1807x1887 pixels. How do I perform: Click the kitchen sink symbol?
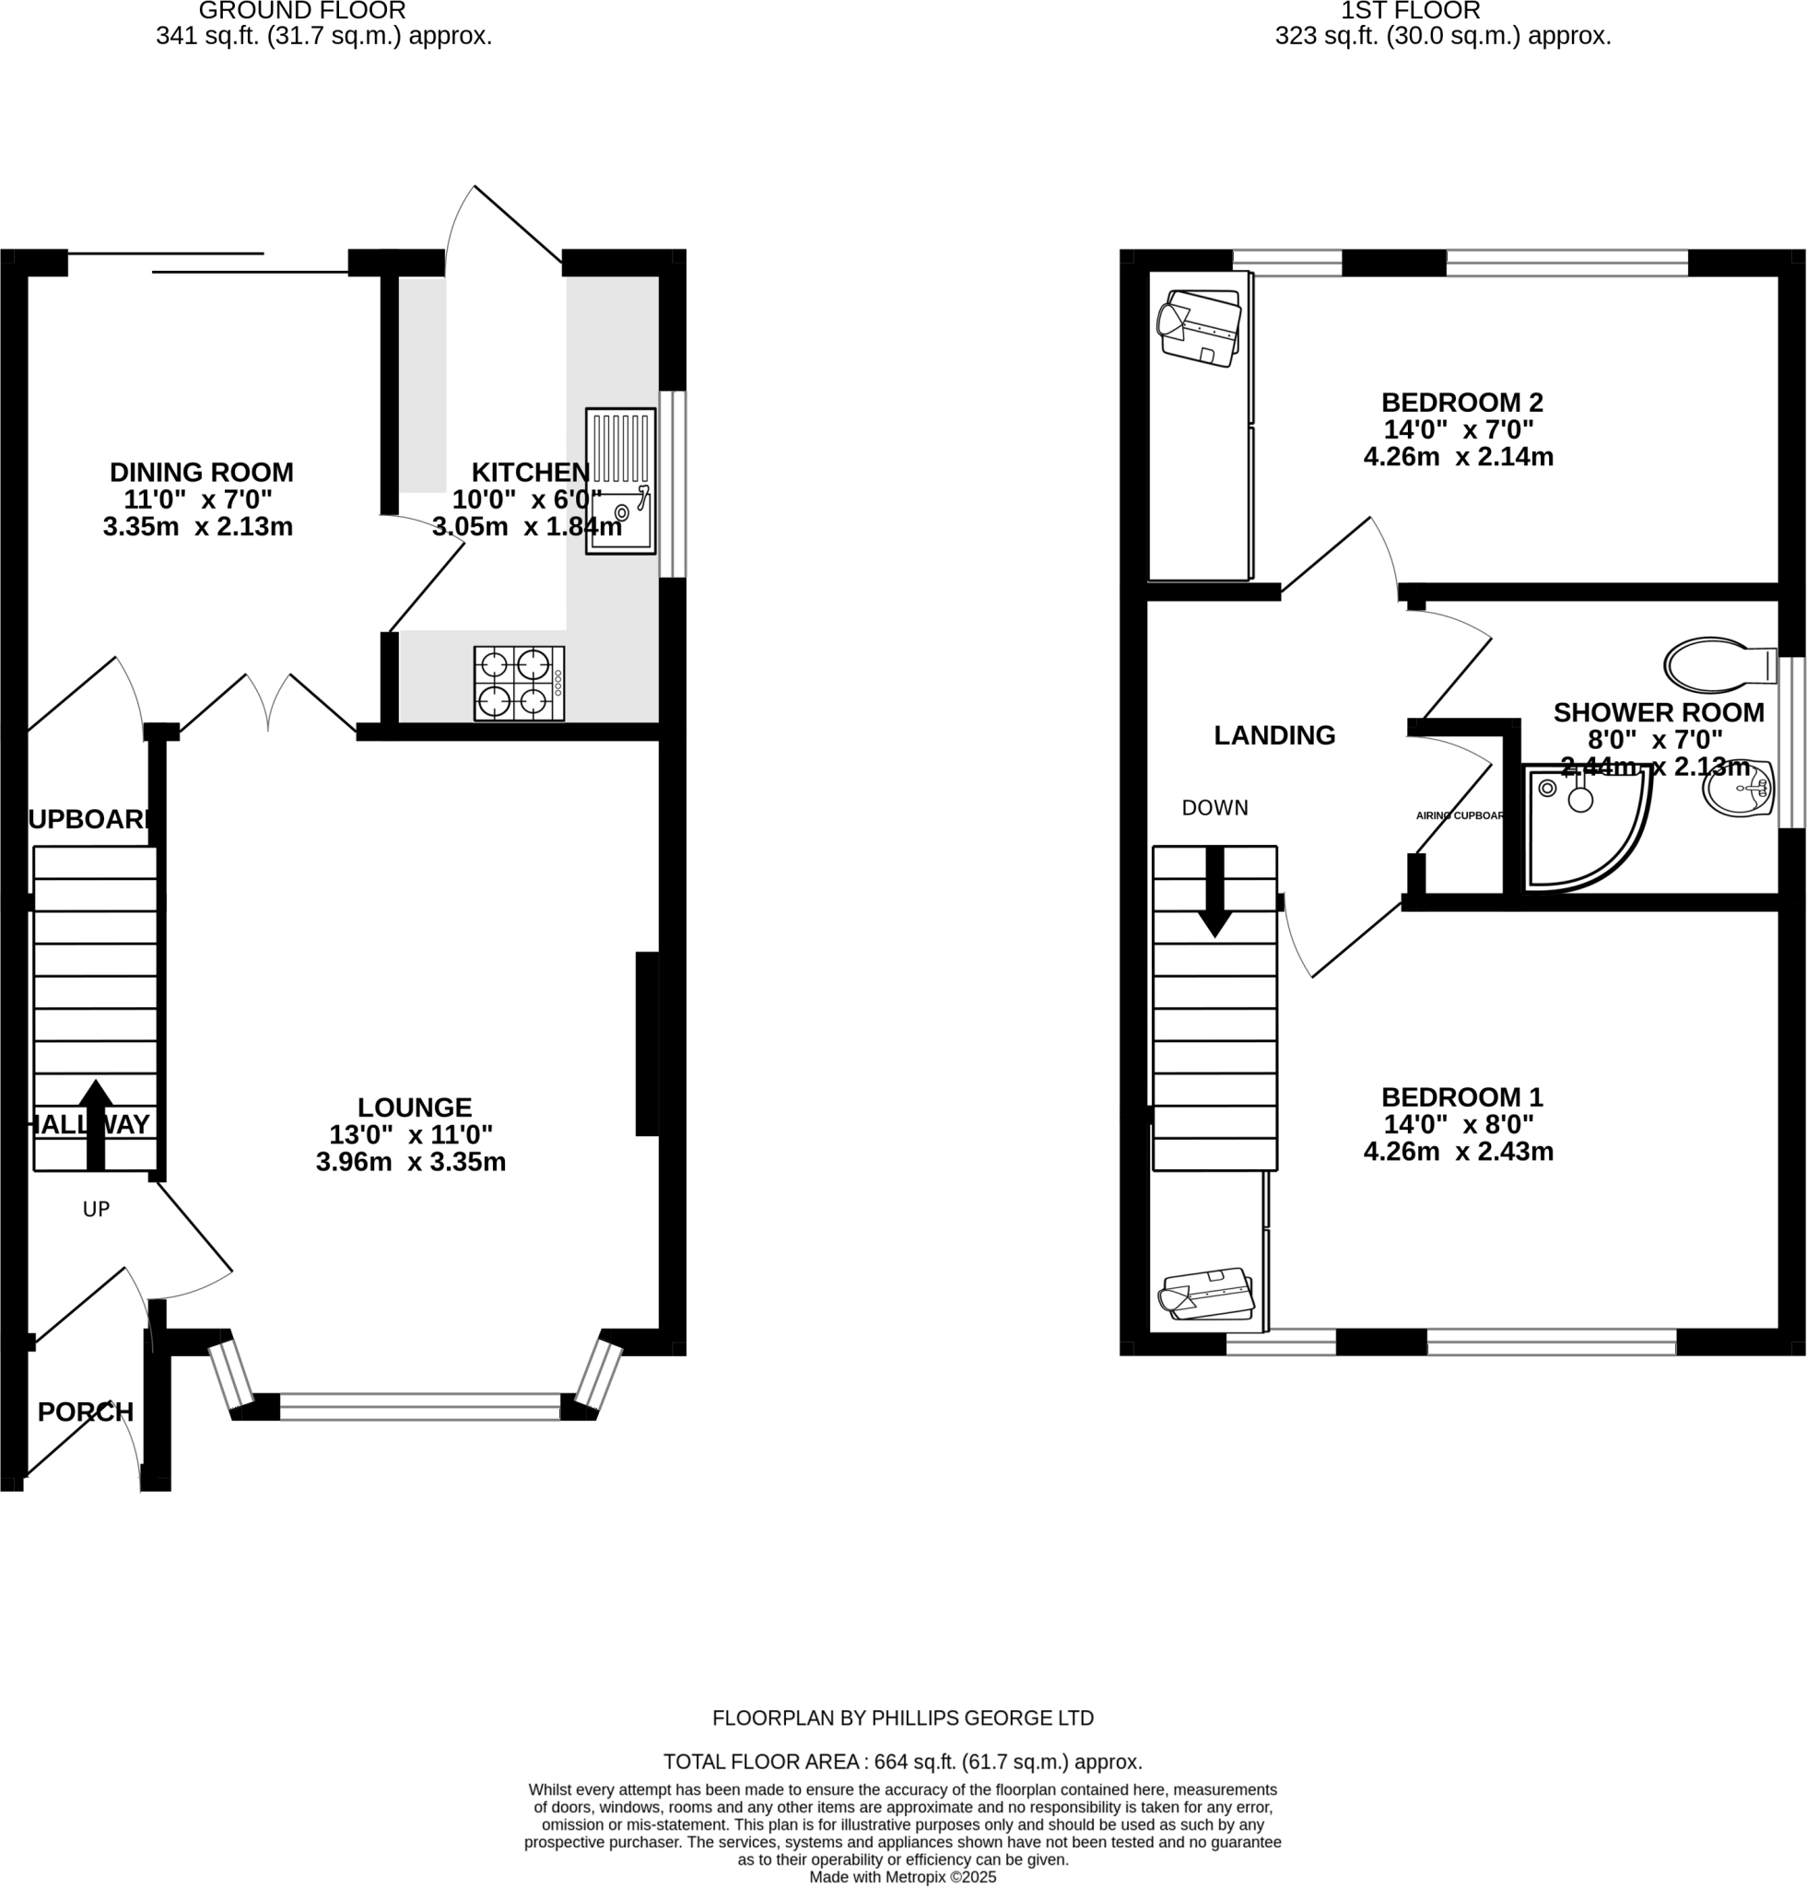(620, 480)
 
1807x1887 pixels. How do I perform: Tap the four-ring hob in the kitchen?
(518, 683)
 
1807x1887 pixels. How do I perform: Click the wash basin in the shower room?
(1739, 789)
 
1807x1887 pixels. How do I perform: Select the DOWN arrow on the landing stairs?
(1214, 891)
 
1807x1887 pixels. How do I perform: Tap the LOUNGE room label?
(415, 1108)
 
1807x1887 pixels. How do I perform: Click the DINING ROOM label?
(201, 473)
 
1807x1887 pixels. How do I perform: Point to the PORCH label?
(86, 1412)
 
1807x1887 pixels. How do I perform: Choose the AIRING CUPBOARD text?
(1459, 815)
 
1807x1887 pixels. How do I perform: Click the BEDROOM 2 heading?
(1461, 402)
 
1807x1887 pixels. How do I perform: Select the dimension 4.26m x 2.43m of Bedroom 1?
(1458, 1152)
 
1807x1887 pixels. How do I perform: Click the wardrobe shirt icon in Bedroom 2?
(1199, 328)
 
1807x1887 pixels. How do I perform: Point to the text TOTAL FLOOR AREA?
(762, 1762)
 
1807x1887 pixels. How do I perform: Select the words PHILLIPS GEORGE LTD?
(981, 1717)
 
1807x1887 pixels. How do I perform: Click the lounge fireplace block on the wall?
(647, 1044)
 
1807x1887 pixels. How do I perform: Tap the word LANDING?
(1273, 735)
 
